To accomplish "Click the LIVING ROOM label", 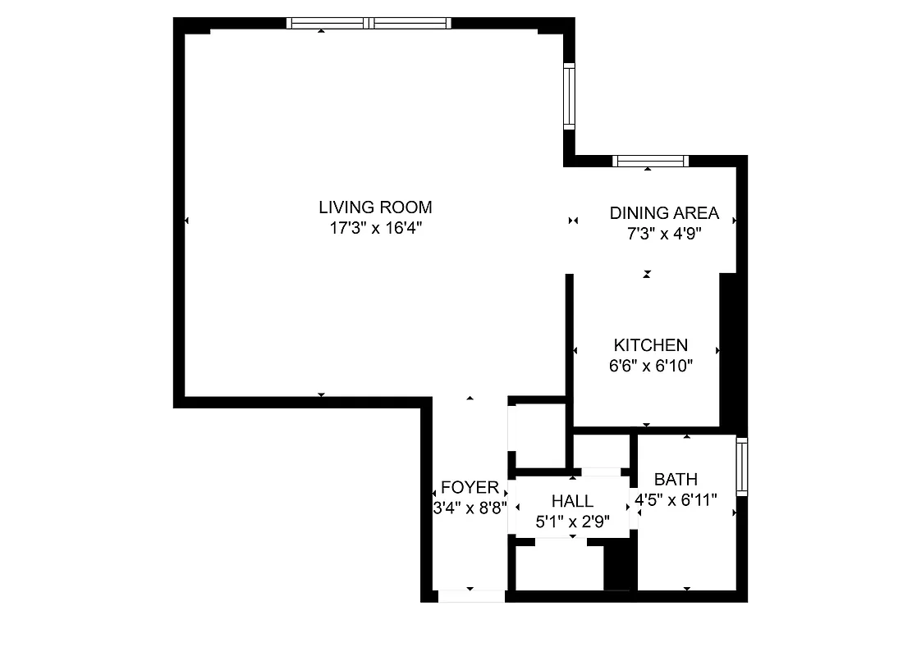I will coord(375,207).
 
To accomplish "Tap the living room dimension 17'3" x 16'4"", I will coord(375,229).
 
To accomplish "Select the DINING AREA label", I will coord(664,213).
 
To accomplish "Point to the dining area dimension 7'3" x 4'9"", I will coord(664,234).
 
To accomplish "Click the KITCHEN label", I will coord(651,345).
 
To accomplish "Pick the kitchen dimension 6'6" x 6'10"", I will coord(651,367).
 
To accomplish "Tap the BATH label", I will coord(676,480).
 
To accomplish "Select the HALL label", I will coord(572,501).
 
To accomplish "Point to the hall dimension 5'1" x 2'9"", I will coord(572,522).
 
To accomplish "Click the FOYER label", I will coord(470,488).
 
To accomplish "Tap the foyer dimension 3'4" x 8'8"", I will coord(470,508).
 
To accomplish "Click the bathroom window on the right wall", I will coord(742,466).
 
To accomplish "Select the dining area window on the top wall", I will coord(650,161).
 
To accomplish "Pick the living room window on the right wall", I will coord(569,96).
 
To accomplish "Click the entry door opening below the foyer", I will coord(470,596).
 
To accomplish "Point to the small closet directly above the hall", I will coord(600,451).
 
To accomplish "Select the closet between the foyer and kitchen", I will coord(537,435).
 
